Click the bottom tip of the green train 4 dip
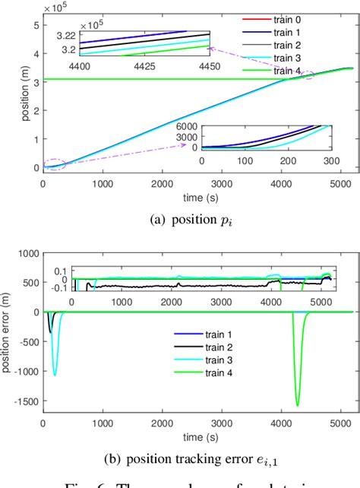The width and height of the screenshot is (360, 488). pyautogui.click(x=297, y=405)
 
